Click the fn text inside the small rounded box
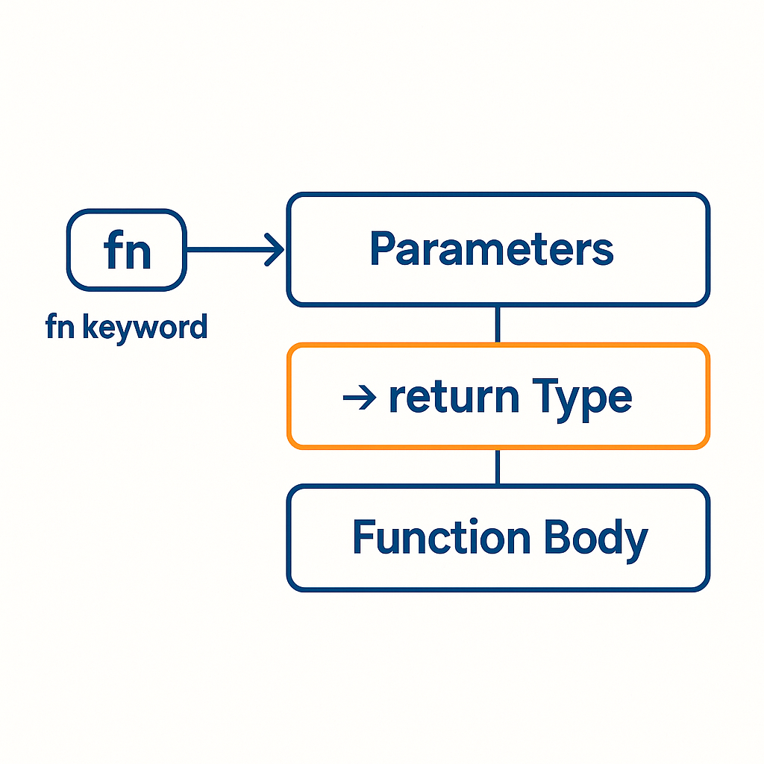128,251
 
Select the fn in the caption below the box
59,327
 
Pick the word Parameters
492,249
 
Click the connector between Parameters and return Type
498,325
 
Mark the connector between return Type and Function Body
498,467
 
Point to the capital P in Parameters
383,249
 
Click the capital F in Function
364,537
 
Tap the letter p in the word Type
594,401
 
